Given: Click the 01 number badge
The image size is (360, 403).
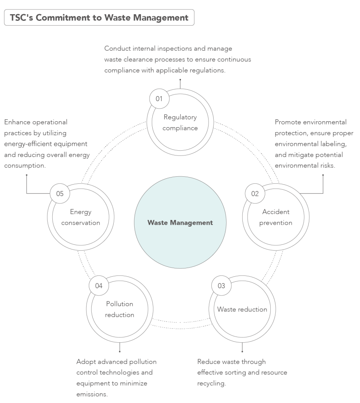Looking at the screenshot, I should [x=159, y=99].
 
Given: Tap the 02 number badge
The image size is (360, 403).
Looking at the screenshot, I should [x=255, y=193].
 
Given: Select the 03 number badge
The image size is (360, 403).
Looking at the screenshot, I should [x=221, y=286].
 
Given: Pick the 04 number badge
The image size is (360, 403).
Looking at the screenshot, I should [x=99, y=286].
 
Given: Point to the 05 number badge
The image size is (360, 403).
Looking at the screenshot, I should [x=60, y=193].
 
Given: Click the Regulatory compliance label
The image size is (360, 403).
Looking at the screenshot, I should [x=180, y=122].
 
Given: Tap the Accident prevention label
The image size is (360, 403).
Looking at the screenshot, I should [x=276, y=217].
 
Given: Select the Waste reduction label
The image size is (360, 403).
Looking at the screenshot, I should [x=242, y=309].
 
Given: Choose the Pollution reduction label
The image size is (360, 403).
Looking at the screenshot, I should [x=120, y=309].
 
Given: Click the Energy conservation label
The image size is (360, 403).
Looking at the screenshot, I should [x=81, y=217].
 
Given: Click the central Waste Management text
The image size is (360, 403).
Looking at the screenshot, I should [x=180, y=223].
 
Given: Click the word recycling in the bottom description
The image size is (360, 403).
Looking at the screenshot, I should [x=212, y=383].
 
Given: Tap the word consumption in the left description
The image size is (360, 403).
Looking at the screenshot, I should [x=24, y=166].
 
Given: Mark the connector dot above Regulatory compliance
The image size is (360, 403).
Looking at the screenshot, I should [x=180, y=79].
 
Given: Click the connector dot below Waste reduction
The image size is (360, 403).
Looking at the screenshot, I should [x=242, y=351].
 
